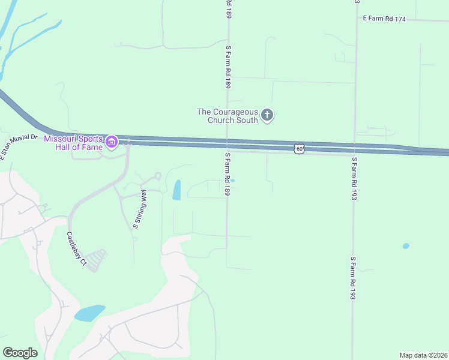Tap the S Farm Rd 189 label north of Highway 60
tap(228, 67)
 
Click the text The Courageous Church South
tap(228, 115)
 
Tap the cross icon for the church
tap(267, 115)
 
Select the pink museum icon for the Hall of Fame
tap(111, 142)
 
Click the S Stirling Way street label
tap(139, 209)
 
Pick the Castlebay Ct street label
tap(77, 248)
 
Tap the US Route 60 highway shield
tap(298, 148)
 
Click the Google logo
tap(20, 352)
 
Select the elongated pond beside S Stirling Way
tap(176, 190)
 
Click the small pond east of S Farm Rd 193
tap(406, 246)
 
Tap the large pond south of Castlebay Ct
tap(89, 313)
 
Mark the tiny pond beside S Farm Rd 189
tap(232, 180)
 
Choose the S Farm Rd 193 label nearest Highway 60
tap(355, 178)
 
